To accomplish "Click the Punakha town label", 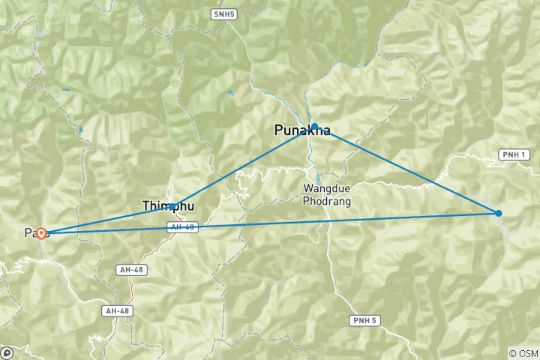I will tap(302, 130).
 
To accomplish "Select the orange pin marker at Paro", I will tap(42, 233).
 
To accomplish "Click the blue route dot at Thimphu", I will tap(173, 206).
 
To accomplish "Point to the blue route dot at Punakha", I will tap(315, 127).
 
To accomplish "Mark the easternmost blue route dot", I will tap(499, 214).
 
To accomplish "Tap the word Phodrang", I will tap(327, 201).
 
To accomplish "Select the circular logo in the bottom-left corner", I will tap(7, 352).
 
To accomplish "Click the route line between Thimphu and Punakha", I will tap(244, 166).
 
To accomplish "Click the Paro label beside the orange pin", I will tap(30, 233).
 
